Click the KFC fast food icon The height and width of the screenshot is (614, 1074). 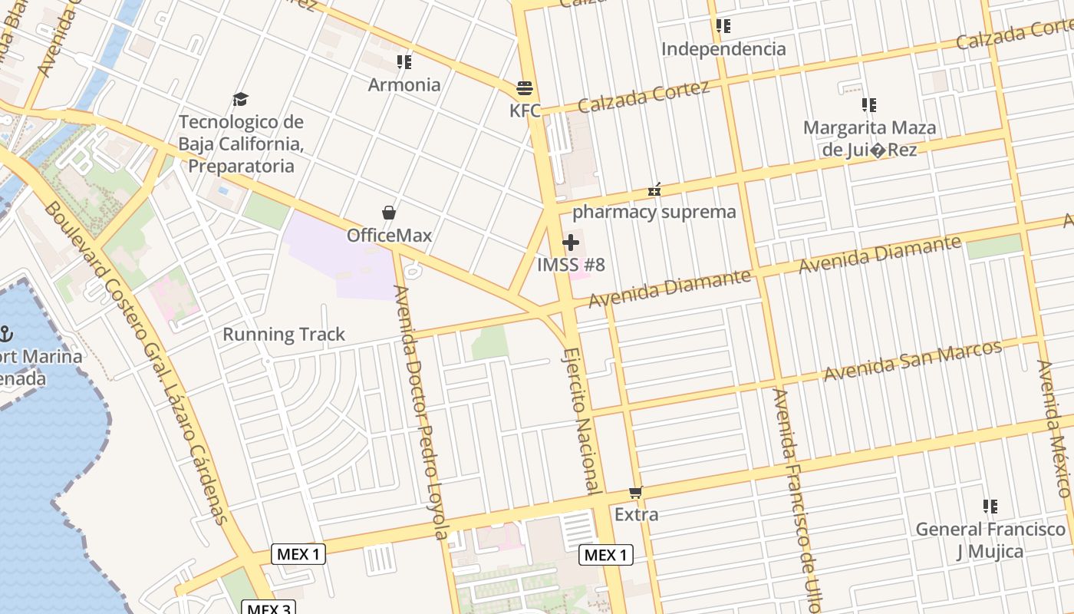525,88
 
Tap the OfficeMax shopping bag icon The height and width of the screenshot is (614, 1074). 389,213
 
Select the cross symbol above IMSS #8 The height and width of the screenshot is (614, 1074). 571,243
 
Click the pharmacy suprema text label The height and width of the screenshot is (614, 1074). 654,212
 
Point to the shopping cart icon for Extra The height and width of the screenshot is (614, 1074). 635,492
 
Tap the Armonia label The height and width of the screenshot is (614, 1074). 404,84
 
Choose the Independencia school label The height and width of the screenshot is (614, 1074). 723,49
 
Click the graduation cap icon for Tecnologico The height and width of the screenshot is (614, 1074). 241,99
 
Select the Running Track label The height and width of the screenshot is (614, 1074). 284,335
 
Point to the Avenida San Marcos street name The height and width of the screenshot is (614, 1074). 913,359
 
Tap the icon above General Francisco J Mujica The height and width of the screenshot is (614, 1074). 990,507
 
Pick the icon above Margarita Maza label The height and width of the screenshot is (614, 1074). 869,105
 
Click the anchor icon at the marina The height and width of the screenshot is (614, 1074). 5,334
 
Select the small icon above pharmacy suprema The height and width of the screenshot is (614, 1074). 654,190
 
